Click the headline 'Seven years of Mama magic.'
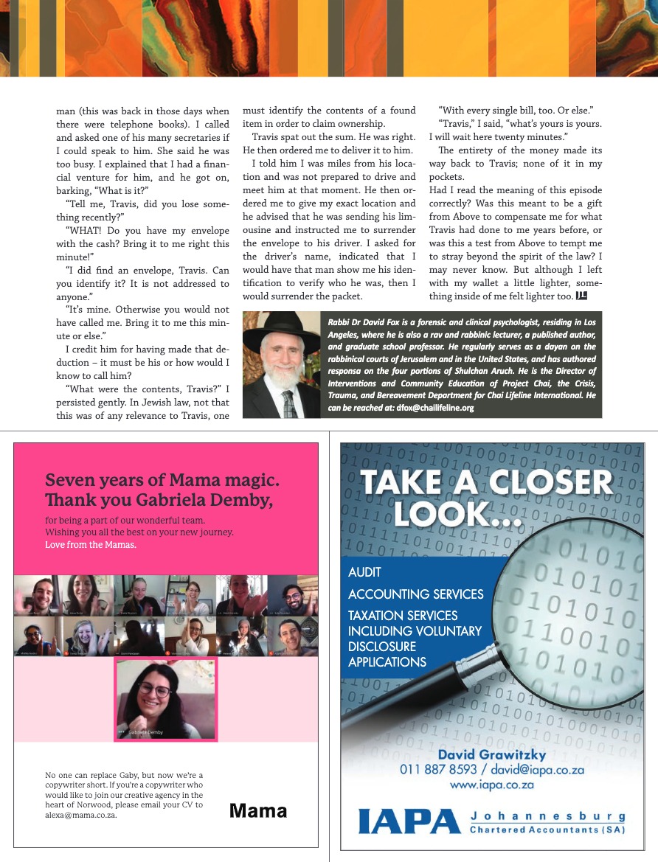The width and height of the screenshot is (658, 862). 162,481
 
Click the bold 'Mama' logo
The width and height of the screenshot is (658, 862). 258,811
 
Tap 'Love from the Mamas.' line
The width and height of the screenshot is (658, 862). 91,545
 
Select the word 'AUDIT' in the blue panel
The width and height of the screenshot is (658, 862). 364,571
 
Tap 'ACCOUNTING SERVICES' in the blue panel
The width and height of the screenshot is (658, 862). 415,594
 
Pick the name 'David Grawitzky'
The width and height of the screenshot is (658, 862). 491,754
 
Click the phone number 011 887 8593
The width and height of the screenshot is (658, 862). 436,770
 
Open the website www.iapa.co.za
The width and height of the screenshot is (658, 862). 491,785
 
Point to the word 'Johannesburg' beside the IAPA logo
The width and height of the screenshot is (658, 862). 547,816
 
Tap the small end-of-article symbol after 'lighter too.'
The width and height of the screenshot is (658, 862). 581,296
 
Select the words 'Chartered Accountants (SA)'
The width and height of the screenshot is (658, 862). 547,830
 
